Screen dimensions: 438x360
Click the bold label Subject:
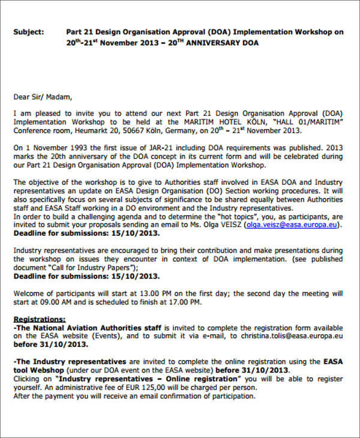(x=28, y=32)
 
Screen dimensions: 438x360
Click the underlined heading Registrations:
(x=40, y=320)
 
